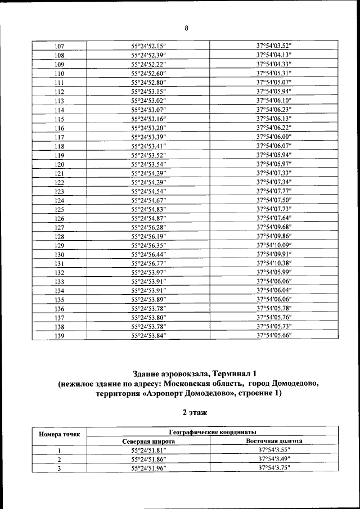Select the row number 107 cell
pos(59,46)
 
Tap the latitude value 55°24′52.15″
pos(149,46)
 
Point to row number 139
pos(59,336)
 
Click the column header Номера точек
pos(59,434)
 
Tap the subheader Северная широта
pos(149,442)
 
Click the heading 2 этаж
pos(194,412)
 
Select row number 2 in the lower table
pos(59,460)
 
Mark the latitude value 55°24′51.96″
pos(149,468)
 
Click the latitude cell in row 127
pos(149,227)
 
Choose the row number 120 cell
pos(59,164)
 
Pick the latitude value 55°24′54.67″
pos(149,200)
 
